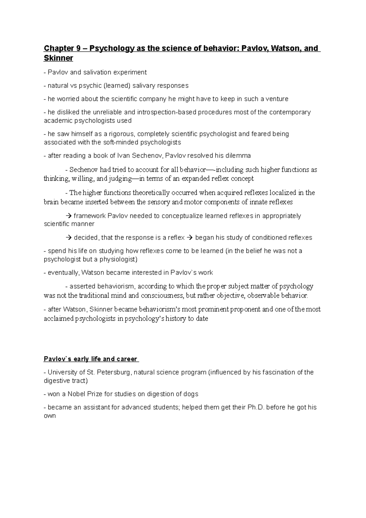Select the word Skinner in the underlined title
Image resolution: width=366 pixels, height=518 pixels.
[59, 58]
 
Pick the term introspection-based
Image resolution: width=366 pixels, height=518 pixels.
[167, 112]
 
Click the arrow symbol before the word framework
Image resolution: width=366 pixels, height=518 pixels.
[68, 216]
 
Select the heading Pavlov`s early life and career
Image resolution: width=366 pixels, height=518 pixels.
[91, 359]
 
